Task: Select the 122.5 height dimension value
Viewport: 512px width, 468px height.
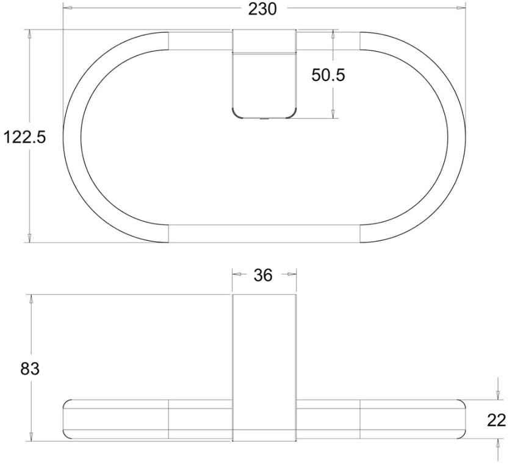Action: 25,137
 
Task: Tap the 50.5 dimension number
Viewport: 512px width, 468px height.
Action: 328,75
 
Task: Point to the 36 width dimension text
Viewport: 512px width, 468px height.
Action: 263,275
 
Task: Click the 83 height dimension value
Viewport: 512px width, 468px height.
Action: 29,369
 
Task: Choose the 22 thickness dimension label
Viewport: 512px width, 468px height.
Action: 497,420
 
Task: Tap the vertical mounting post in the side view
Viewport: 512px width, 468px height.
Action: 264,366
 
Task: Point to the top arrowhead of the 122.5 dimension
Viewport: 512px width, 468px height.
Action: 29,34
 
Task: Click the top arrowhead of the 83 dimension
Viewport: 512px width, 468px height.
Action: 29,299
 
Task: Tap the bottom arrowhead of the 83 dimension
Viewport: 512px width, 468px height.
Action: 29,436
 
